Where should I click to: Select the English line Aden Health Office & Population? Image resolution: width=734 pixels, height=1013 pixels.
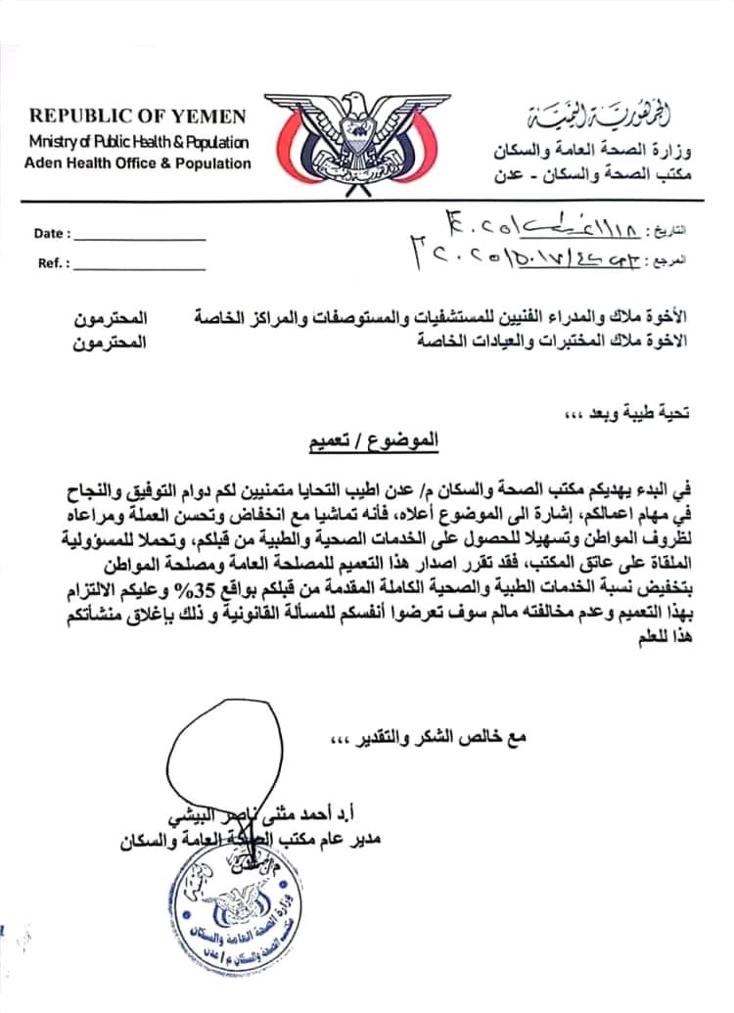(x=137, y=163)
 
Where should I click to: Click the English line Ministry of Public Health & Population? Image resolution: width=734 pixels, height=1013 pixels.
(x=138, y=142)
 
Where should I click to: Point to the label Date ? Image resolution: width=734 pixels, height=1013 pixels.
(x=52, y=234)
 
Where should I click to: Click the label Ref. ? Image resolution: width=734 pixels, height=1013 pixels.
(x=53, y=263)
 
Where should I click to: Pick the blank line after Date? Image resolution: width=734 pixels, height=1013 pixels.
(x=140, y=238)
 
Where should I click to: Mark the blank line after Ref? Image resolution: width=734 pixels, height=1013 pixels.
(x=140, y=267)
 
